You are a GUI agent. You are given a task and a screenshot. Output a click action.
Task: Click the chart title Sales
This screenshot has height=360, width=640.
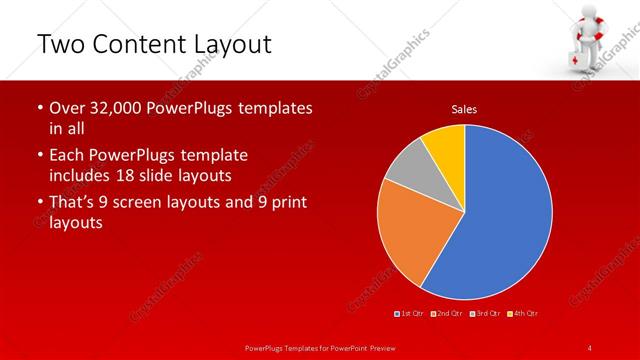pos(464,108)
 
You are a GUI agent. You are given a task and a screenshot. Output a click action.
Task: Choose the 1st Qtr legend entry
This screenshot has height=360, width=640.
pos(410,314)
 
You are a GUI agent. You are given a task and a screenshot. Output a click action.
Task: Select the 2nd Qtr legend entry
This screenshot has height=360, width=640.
pos(447,314)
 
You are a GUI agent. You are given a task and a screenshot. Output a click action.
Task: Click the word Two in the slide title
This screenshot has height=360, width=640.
pos(61,44)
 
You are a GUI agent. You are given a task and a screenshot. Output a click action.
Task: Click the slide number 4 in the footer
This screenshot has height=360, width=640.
pos(590,347)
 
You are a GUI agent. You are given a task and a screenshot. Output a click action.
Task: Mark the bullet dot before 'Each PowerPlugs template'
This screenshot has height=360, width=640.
pos(39,156)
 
